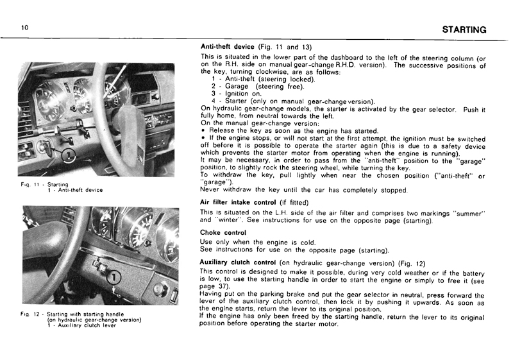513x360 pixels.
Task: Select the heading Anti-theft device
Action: (228, 47)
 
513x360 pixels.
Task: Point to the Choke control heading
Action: (223, 232)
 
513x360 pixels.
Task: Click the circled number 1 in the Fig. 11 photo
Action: (69, 155)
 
